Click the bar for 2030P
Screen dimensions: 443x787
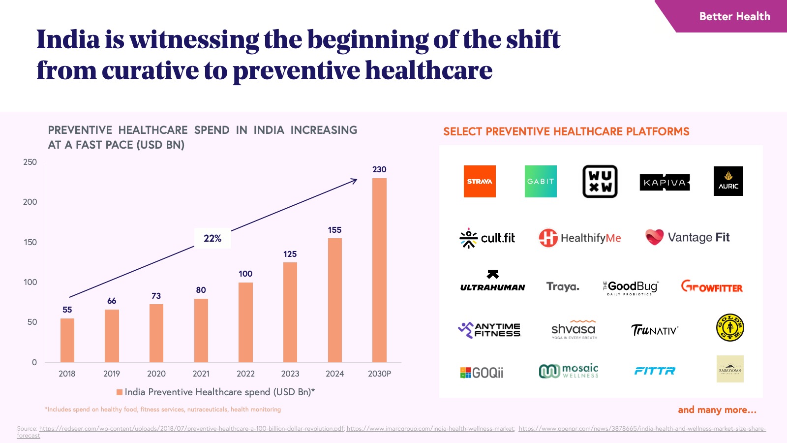pos(379,270)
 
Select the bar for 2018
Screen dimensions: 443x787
pos(67,340)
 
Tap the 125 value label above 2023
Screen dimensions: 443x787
pos(290,254)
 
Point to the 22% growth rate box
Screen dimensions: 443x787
pos(212,238)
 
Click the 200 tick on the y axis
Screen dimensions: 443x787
pos(30,202)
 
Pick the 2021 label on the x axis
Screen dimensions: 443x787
pos(201,374)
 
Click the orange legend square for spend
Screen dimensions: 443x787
pos(119,392)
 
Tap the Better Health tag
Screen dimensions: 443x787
pos(734,16)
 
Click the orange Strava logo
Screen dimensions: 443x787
pos(480,181)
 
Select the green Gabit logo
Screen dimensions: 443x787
pos(541,181)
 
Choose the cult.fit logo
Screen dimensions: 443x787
pos(487,238)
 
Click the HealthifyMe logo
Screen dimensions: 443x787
pos(579,238)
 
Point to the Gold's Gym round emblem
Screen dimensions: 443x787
pos(730,328)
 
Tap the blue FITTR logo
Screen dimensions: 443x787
pos(655,371)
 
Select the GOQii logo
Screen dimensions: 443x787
pos(482,373)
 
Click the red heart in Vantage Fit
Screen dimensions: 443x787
pos(655,237)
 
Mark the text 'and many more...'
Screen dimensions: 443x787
pos(717,410)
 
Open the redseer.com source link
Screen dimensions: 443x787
pos(191,429)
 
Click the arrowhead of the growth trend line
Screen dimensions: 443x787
pos(355,180)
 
